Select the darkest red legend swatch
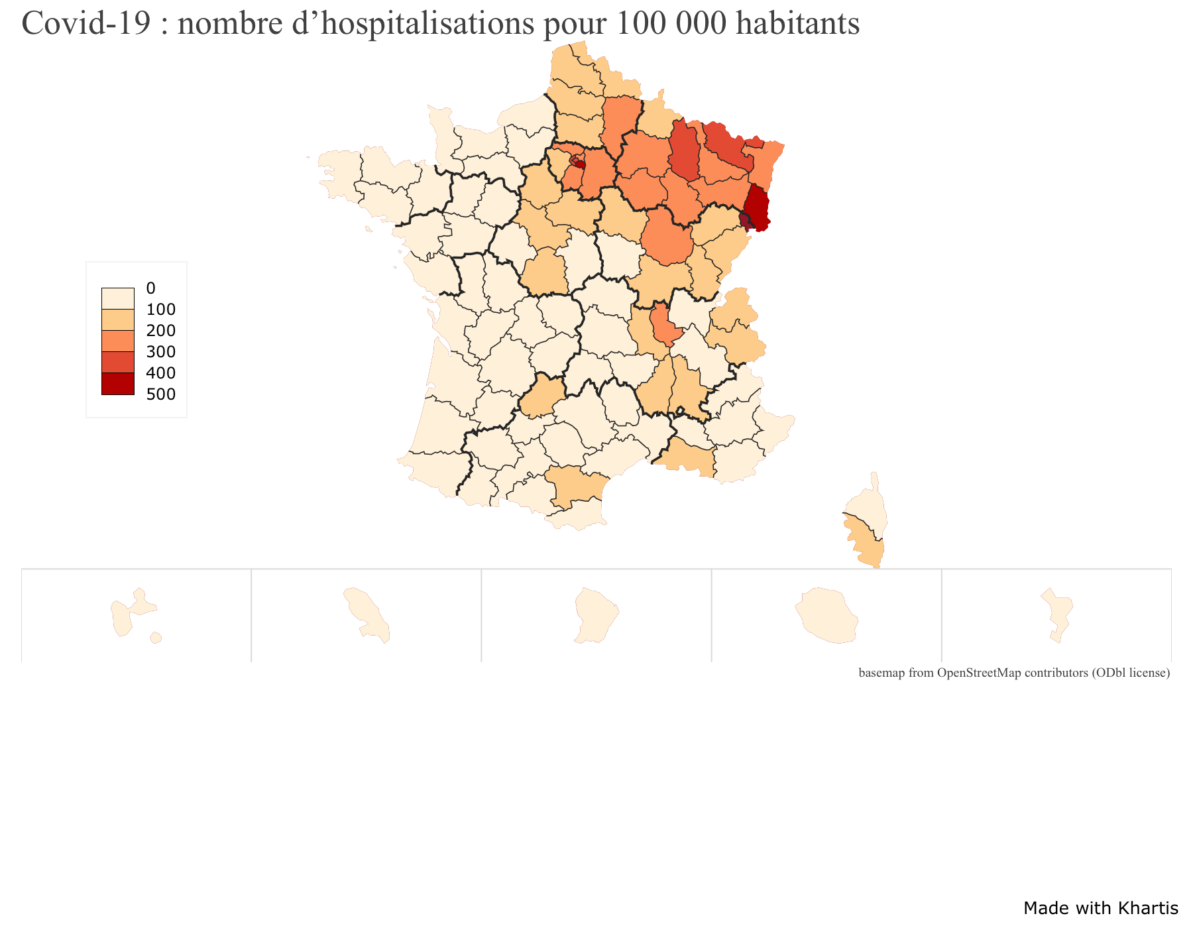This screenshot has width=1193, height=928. click(117, 384)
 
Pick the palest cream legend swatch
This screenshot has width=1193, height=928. click(117, 299)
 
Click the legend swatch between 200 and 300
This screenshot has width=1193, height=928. click(117, 341)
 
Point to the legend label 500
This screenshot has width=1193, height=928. click(161, 394)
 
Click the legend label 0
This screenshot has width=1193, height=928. click(150, 288)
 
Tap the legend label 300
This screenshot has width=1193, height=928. click(161, 352)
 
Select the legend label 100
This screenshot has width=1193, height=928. click(161, 310)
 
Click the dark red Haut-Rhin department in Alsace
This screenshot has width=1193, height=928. click(758, 207)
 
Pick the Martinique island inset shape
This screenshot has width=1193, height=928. click(366, 613)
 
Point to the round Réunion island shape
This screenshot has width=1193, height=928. click(828, 616)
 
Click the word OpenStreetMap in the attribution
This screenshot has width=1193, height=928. click(979, 673)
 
